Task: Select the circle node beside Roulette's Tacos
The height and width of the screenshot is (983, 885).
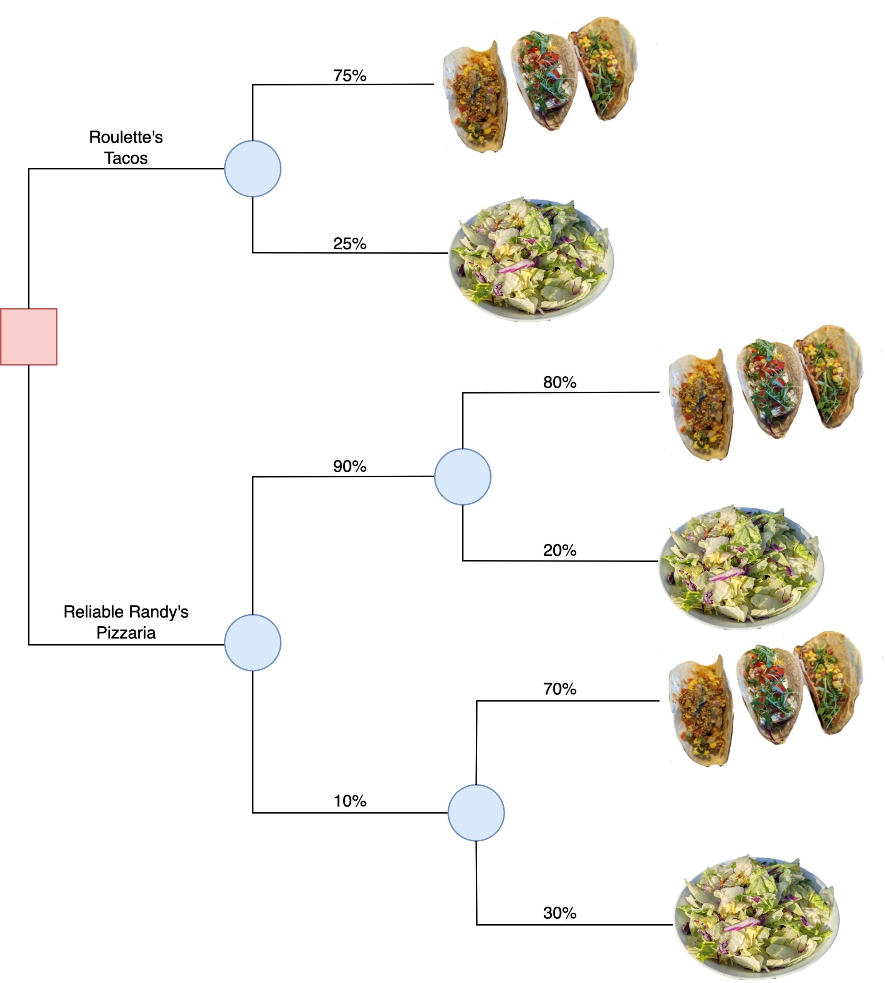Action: click(252, 169)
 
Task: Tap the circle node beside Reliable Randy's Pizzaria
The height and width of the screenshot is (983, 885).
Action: click(252, 642)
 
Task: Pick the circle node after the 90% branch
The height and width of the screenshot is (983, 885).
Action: click(462, 477)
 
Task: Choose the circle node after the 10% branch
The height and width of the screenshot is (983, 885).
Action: click(476, 813)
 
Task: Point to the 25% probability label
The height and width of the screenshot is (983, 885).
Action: click(350, 244)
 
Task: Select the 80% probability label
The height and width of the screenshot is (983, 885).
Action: click(560, 382)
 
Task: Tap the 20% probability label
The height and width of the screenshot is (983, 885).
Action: click(560, 550)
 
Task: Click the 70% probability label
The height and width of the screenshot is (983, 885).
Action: click(560, 689)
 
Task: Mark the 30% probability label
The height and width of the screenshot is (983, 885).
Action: click(560, 913)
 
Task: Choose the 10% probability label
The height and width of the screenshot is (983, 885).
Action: click(350, 801)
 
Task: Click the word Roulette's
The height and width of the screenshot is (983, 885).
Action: click(126, 137)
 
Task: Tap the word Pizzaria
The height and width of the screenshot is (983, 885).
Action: click(126, 633)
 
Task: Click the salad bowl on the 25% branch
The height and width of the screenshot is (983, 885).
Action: click(531, 259)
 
